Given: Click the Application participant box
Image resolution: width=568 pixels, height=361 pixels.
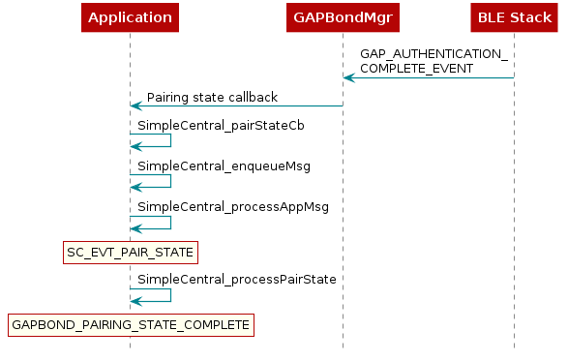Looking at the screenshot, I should click(130, 17).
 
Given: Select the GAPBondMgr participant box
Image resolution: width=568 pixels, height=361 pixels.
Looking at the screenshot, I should click(343, 17).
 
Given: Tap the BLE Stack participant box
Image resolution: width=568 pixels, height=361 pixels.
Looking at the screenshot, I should click(514, 17).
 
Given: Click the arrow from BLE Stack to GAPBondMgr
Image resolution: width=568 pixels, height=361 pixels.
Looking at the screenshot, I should click(429, 77).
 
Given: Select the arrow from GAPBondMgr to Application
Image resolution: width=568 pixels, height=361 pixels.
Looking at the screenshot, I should click(236, 105).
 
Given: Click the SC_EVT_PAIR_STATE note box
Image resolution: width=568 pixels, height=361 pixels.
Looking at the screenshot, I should click(130, 253).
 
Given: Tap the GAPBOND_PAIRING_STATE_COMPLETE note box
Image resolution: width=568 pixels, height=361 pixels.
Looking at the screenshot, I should click(130, 325).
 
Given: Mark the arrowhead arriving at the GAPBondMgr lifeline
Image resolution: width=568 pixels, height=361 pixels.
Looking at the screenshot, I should click(348, 77).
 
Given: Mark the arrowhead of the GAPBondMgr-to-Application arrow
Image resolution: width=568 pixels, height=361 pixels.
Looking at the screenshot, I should click(135, 105).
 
